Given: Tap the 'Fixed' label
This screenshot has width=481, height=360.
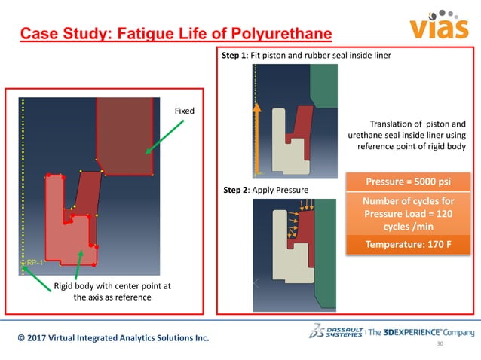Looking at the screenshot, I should (x=184, y=111).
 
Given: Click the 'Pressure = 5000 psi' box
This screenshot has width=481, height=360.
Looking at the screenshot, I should (x=407, y=182).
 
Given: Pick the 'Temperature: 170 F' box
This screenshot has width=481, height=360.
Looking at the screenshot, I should (x=407, y=244).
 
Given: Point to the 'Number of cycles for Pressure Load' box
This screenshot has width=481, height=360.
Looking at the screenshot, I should (x=407, y=212).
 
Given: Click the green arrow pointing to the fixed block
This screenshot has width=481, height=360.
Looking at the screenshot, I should (x=159, y=140).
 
